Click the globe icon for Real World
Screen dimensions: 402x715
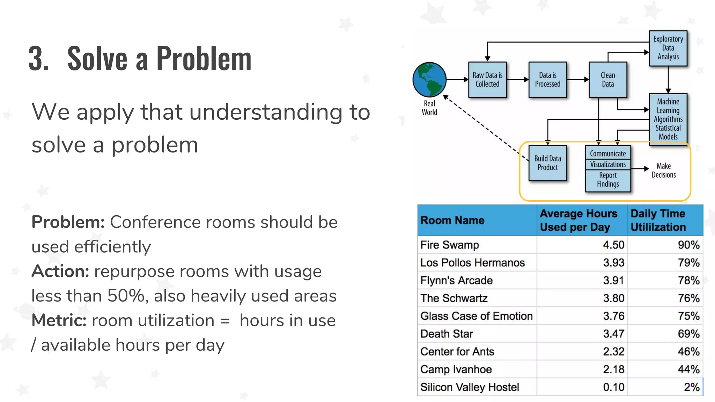[429, 80]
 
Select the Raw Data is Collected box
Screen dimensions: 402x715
[487, 80]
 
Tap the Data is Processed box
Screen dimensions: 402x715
[547, 80]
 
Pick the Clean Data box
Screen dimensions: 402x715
[607, 80]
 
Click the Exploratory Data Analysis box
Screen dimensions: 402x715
[668, 48]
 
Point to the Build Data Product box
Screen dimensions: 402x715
[547, 163]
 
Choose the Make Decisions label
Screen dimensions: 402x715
[663, 170]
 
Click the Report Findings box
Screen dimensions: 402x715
[608, 180]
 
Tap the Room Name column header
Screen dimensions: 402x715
[452, 221]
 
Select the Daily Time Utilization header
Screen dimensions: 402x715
[658, 221]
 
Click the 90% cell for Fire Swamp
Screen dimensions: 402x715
[688, 245]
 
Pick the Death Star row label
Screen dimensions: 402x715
[447, 334]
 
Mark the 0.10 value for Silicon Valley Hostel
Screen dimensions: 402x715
[613, 387]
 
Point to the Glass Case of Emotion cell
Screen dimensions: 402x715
[476, 316]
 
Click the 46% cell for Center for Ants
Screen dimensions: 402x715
[688, 352]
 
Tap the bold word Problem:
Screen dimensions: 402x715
[68, 222]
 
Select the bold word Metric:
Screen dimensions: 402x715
[59, 321]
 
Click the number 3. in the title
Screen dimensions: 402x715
[38, 59]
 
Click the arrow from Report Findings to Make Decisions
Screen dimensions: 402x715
[640, 169]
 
